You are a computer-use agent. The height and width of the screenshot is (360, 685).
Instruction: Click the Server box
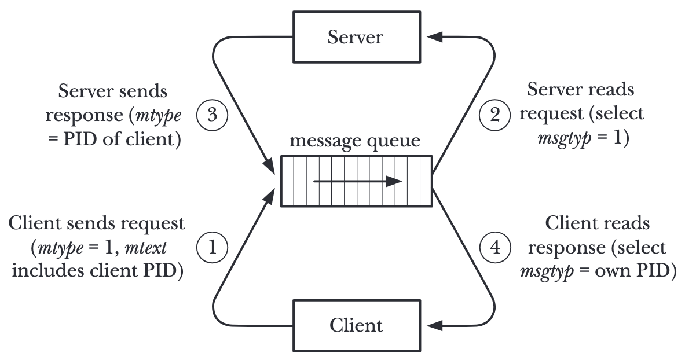(x=356, y=38)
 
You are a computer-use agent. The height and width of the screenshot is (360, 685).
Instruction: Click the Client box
(x=356, y=325)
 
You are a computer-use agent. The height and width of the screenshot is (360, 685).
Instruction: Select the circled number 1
(x=211, y=248)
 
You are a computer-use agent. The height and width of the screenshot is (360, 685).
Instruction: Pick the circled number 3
(x=211, y=114)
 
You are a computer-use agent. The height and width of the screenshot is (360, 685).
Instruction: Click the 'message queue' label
(x=356, y=142)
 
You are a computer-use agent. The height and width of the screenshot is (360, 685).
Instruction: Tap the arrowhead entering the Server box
(x=435, y=38)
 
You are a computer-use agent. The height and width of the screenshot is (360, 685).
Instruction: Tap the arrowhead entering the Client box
(x=435, y=326)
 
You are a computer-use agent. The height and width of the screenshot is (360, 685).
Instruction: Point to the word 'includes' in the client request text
(x=47, y=270)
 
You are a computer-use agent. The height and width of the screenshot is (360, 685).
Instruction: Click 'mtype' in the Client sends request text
(x=56, y=248)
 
